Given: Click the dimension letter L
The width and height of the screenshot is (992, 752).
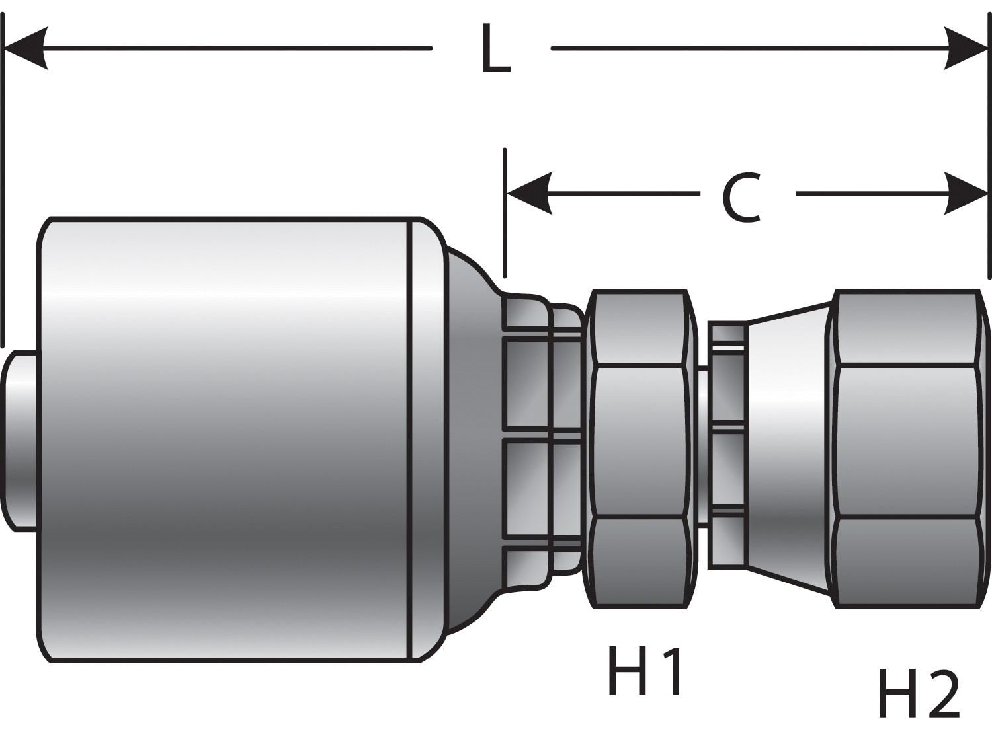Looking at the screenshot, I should pyautogui.click(x=495, y=50).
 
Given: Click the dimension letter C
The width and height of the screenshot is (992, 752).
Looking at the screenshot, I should pyautogui.click(x=741, y=198).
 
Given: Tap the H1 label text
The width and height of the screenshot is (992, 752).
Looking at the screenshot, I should pyautogui.click(x=645, y=671).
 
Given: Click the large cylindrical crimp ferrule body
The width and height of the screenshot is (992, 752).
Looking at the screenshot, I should pyautogui.click(x=225, y=439).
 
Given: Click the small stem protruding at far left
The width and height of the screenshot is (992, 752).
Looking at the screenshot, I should pyautogui.click(x=19, y=439).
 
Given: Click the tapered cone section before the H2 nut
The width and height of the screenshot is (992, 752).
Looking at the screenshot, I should pyautogui.click(x=787, y=443).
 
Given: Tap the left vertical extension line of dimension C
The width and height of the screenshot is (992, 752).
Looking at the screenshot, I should pyautogui.click(x=505, y=211).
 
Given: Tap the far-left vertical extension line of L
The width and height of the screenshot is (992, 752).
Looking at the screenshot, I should pyautogui.click(x=3, y=178).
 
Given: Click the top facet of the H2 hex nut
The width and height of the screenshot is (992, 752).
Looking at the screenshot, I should pyautogui.click(x=906, y=328).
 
